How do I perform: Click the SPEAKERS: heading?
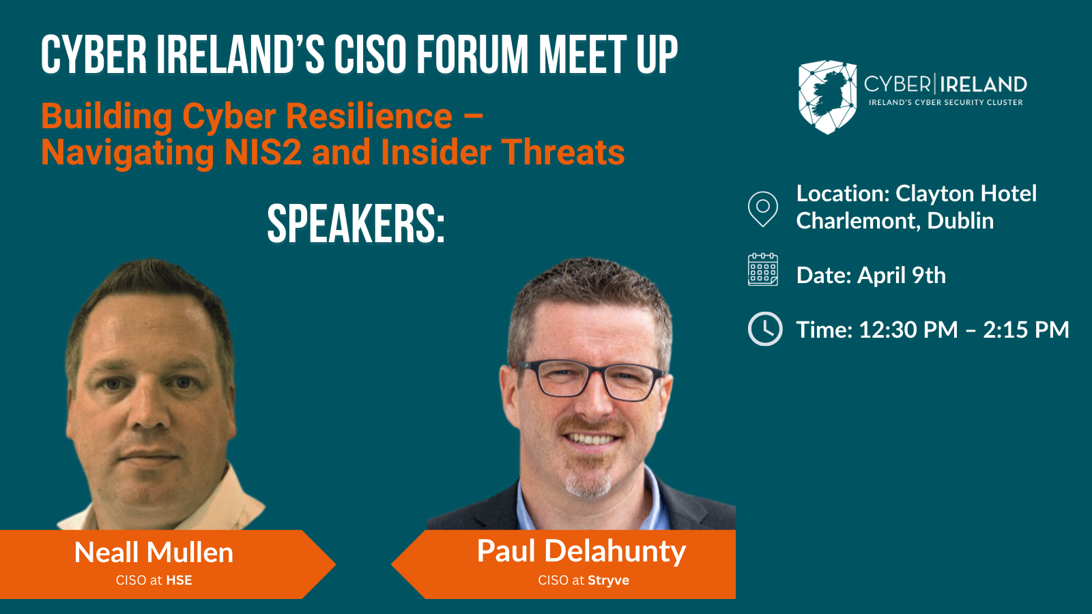[356, 224]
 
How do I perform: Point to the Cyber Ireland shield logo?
[827, 97]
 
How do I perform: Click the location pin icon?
[763, 209]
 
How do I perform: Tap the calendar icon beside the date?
[763, 269]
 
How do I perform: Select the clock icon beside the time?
[765, 329]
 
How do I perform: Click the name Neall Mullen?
[154, 553]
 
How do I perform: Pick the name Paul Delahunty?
[581, 552]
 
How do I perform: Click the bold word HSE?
[179, 581]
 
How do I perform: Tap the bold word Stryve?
[608, 581]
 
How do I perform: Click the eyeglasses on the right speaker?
[590, 379]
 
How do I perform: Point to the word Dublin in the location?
[960, 221]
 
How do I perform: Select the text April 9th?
[902, 276]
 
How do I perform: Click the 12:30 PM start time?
[908, 330]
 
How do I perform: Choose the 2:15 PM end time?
[1026, 330]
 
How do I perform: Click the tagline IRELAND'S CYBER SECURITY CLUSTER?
[946, 103]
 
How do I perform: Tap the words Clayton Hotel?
[966, 194]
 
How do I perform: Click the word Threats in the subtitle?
[563, 153]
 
